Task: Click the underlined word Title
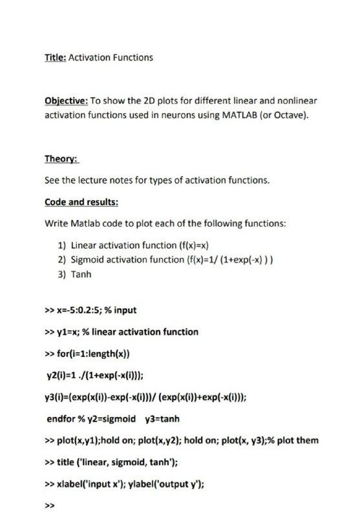(55, 58)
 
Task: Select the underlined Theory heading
(61, 158)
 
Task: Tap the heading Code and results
(81, 202)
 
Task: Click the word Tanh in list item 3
(81, 274)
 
